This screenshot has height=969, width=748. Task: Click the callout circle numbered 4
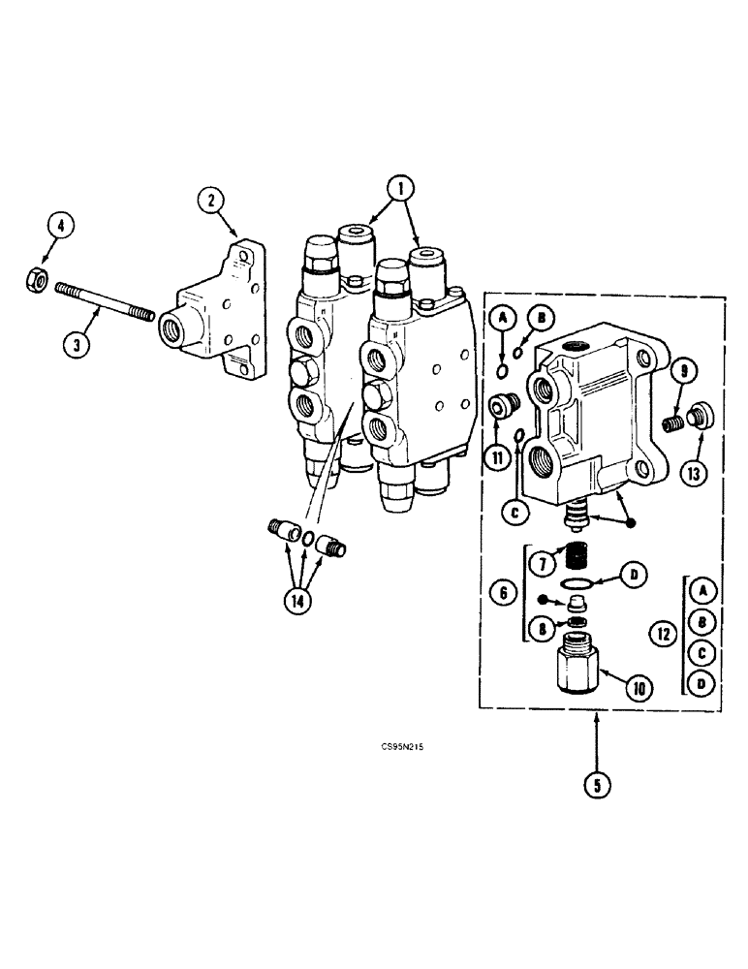(59, 229)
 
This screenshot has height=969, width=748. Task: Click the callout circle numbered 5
(597, 786)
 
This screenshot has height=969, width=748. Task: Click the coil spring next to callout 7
(577, 559)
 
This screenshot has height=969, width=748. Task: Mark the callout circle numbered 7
(543, 560)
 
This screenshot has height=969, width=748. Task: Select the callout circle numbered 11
(496, 457)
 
